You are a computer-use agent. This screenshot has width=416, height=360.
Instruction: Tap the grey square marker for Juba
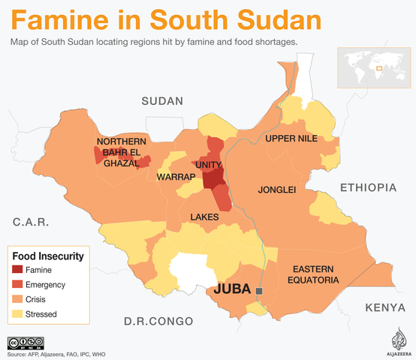[x=260, y=290]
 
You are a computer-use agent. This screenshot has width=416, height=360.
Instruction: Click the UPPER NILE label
[x=291, y=139]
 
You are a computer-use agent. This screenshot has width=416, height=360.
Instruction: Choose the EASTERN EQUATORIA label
[x=315, y=274]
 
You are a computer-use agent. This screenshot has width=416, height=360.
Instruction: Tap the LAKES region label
[x=204, y=217]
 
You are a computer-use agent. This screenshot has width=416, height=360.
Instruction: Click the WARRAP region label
[x=176, y=177]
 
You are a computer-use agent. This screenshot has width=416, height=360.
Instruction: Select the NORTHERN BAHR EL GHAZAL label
[x=121, y=152]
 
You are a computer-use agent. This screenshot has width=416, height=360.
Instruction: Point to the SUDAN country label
[x=162, y=101]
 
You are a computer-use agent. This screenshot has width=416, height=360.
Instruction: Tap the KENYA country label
[x=385, y=307]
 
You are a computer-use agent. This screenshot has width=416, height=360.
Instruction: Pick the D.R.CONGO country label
[x=158, y=322]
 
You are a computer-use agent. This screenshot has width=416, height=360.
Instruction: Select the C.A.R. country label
[x=31, y=222]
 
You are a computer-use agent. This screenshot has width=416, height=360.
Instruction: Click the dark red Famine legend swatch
[x=17, y=269]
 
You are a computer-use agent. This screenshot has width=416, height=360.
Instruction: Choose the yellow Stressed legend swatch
[x=17, y=314]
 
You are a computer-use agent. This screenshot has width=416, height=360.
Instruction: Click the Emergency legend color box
[x=17, y=284]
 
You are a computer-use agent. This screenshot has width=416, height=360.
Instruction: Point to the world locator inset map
[x=372, y=67]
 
